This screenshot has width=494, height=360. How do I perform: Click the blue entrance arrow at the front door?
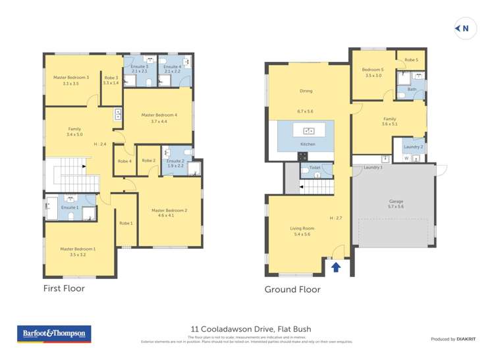[336, 267]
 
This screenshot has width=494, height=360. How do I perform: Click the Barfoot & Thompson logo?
[53, 334]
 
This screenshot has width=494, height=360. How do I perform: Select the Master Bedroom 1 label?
[78, 249]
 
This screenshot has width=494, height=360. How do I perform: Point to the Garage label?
[396, 201]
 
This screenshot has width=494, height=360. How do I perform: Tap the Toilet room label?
[314, 168]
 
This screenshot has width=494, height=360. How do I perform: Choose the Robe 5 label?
[411, 60]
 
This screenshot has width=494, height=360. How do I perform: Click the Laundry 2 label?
[413, 146]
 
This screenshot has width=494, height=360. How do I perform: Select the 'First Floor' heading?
[64, 288]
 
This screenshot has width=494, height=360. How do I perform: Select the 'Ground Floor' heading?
[292, 289]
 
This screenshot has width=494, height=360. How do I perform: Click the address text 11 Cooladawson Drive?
[250, 329]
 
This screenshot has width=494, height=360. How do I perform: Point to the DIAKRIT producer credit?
[453, 339]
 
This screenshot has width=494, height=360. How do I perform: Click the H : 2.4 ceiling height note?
[100, 144]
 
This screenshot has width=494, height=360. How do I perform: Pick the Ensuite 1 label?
[70, 207]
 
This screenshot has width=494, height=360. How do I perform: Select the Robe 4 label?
[124, 161]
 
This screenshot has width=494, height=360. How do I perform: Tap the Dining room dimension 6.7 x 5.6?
[305, 111]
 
